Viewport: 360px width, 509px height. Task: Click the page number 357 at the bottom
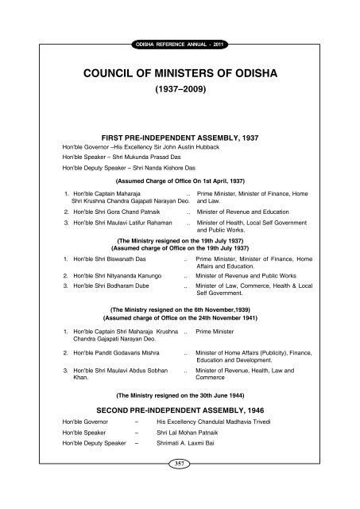click(180, 484)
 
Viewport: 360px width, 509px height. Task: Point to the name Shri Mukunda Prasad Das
click(143, 158)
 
